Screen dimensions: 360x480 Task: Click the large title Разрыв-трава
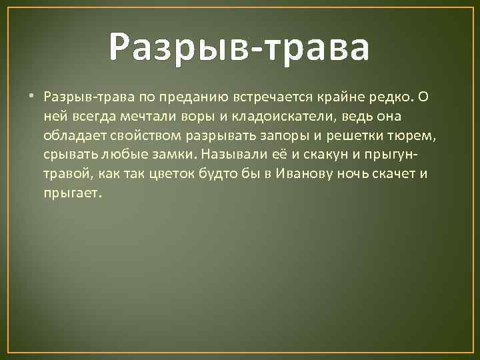click(239, 47)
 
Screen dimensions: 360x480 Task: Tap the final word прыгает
click(73, 193)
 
